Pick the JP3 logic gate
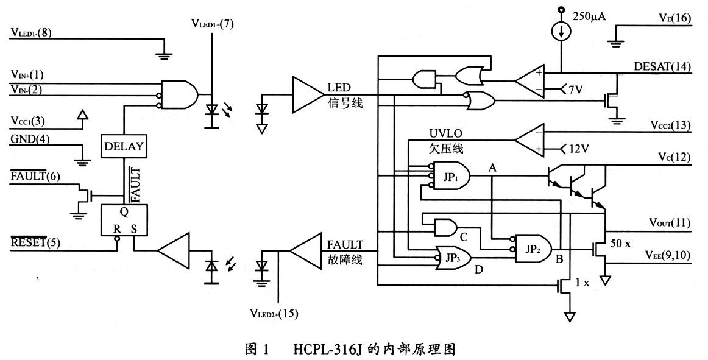(x=451, y=257)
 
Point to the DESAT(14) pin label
(x=662, y=67)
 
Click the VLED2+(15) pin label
(x=274, y=314)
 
